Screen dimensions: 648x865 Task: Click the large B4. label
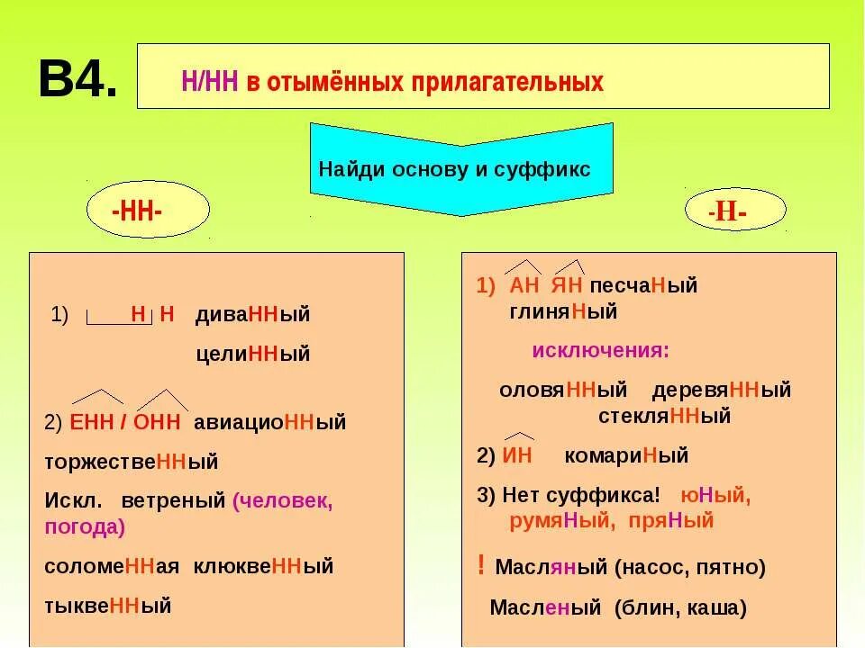click(77, 80)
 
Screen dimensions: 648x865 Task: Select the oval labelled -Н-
click(734, 211)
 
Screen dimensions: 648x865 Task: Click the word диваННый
click(252, 315)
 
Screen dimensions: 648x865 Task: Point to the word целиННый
click(252, 354)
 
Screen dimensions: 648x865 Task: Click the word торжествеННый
click(132, 462)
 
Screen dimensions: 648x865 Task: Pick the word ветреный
click(172, 501)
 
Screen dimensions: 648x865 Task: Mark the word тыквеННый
click(108, 605)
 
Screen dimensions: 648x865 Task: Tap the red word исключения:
click(600, 350)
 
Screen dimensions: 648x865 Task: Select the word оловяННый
click(563, 391)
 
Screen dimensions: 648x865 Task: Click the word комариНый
click(626, 455)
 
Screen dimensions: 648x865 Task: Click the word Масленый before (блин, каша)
click(547, 607)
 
